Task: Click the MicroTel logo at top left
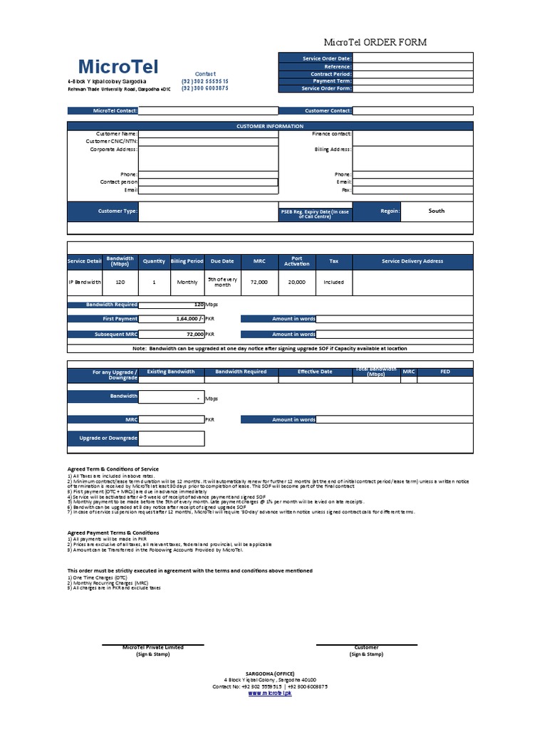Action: (118, 66)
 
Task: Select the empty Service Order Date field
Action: (412, 58)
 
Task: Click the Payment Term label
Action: (331, 81)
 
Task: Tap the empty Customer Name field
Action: (208, 134)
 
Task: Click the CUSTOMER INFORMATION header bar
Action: (270, 126)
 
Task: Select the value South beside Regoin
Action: (437, 211)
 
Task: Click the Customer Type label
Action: (117, 211)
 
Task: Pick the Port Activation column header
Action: (297, 261)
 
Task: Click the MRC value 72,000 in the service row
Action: (259, 282)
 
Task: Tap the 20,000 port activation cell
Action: (297, 282)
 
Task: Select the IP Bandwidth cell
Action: (85, 282)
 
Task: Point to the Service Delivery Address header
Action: (412, 261)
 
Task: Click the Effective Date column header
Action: (315, 372)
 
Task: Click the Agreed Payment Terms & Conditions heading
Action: (113, 533)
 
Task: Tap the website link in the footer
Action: (270, 693)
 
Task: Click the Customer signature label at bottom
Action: (366, 648)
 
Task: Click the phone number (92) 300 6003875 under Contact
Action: (205, 88)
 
